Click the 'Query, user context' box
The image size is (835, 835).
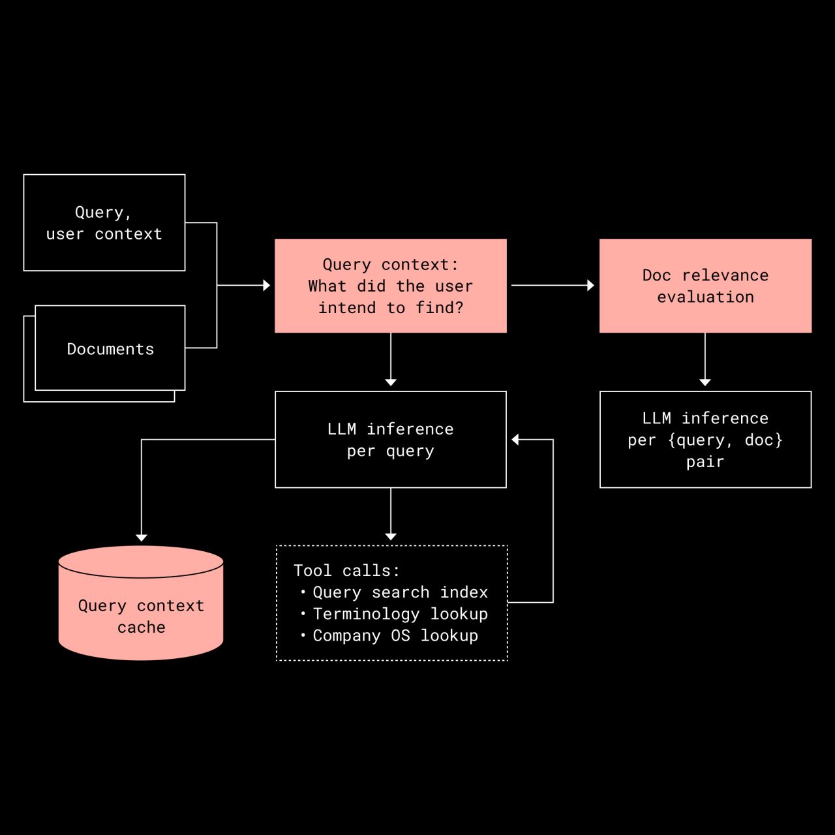point(104,222)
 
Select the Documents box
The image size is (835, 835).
point(110,348)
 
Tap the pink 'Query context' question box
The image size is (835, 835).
point(390,286)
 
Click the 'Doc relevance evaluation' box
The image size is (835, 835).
point(705,286)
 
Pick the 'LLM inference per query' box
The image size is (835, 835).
point(390,439)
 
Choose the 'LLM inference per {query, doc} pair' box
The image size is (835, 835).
point(705,439)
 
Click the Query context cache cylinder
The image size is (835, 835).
point(141,607)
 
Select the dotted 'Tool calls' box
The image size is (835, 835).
point(391,603)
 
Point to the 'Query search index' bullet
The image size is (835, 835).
point(400,592)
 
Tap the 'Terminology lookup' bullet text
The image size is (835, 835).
point(400,614)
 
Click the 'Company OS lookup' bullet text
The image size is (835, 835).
point(395,635)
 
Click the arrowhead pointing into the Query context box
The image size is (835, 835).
point(266,285)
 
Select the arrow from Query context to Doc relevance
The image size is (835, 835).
point(552,285)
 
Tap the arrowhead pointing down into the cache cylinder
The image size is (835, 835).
point(142,538)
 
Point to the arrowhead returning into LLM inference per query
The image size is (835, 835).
point(515,440)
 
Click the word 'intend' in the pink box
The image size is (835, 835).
point(346,308)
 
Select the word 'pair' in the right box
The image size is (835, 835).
point(705,462)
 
